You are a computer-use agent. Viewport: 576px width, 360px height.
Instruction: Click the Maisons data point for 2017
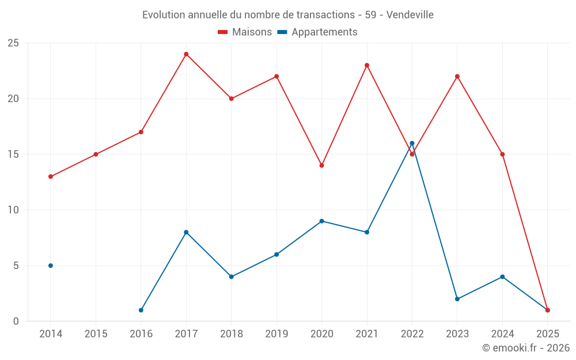coord(186,54)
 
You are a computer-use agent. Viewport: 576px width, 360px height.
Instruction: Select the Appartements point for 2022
coord(412,143)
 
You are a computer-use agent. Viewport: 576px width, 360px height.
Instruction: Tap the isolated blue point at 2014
coord(51,266)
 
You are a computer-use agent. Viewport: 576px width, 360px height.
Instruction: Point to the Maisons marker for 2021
coord(367,65)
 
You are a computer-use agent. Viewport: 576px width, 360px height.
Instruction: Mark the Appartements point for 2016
coord(141,310)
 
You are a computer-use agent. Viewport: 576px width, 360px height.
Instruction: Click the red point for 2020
coord(321,165)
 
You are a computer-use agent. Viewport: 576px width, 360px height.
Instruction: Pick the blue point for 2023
coord(457,299)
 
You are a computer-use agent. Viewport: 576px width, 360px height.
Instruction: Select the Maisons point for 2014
coord(51,177)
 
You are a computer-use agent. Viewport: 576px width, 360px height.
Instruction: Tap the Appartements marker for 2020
coord(321,221)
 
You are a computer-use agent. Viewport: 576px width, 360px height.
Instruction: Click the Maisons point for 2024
coord(502,154)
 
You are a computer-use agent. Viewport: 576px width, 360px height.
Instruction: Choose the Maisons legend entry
coord(245,32)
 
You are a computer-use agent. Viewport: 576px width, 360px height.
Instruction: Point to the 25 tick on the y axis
coord(13,43)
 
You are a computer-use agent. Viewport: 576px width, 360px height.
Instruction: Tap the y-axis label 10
coord(13,210)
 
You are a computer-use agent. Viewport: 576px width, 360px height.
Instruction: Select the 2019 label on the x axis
coord(276,334)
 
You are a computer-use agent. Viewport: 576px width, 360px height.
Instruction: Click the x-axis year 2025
coord(547,334)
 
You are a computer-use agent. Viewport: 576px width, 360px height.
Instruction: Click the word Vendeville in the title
coord(410,14)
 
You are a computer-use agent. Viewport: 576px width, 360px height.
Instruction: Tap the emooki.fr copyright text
coord(525,348)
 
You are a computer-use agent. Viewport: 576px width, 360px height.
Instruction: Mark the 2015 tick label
coord(96,334)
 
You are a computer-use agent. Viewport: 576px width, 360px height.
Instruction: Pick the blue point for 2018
coord(232,276)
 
